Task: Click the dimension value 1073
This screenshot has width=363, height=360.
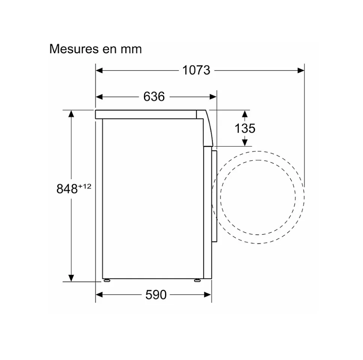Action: coord(196,70)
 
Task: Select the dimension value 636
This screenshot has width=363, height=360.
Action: coord(154,96)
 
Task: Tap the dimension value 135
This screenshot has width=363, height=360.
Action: coord(245,128)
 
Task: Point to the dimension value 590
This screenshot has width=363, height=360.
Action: coord(156,295)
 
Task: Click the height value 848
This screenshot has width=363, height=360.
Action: coord(67,189)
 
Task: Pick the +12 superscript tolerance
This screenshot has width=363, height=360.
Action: coord(85,186)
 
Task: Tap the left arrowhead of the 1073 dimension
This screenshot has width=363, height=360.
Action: coord(99,70)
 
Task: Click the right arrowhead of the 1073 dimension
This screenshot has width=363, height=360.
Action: coord(301,70)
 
